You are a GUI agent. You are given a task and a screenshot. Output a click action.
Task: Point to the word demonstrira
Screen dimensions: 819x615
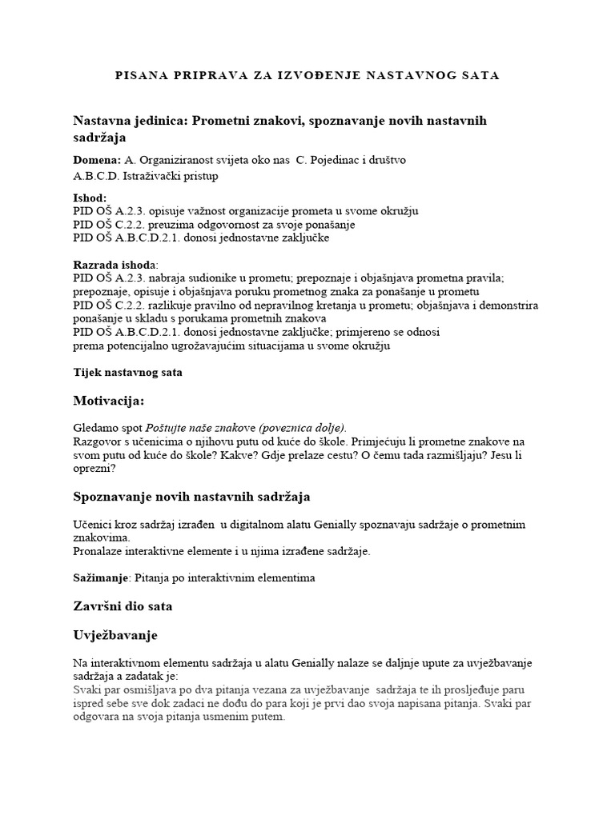point(507,306)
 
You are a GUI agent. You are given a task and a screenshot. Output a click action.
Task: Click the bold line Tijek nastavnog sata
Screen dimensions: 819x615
point(127,372)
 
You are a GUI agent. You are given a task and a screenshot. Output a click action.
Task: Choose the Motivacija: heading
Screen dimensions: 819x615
point(109,400)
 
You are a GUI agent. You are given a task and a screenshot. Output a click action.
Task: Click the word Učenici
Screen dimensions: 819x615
point(93,524)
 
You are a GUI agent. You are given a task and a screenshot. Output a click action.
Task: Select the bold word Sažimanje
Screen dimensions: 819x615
point(101,577)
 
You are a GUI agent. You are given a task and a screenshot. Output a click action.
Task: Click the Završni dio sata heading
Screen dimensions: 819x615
point(123,606)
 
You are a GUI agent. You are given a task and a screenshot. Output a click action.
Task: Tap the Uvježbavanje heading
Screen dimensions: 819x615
point(115,635)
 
